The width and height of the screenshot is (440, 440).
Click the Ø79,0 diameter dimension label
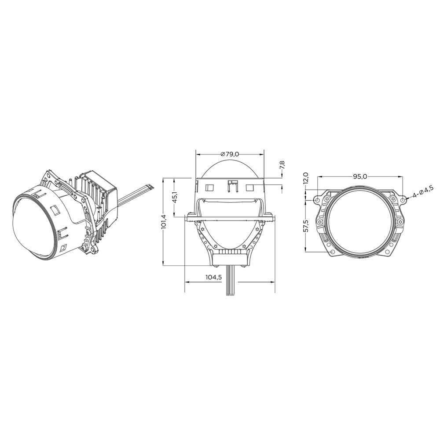(x=230, y=154)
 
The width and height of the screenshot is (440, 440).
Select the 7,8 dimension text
(x=282, y=165)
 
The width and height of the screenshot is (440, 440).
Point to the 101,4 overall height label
(x=164, y=222)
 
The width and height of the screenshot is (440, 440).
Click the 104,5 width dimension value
(x=214, y=277)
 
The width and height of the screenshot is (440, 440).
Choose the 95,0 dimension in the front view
(x=360, y=176)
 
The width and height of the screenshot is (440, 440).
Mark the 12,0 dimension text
(x=306, y=178)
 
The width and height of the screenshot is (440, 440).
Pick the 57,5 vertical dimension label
(x=306, y=226)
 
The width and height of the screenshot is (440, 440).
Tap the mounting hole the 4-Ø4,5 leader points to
(x=403, y=200)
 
